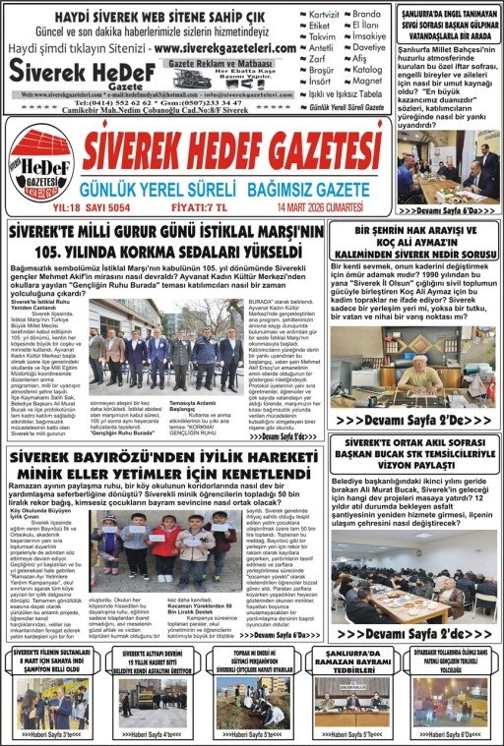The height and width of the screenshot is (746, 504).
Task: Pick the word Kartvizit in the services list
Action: point(326,17)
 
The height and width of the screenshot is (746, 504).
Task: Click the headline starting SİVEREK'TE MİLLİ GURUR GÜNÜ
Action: point(164,240)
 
